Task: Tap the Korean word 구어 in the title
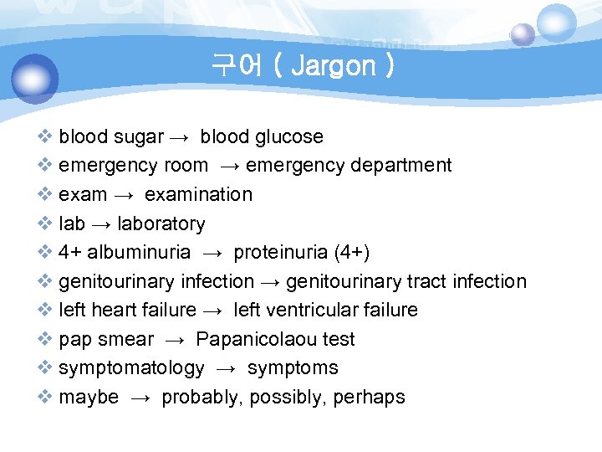click(238, 65)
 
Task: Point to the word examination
click(198, 194)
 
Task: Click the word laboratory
click(161, 223)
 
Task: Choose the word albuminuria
click(139, 253)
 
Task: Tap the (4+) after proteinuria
click(351, 253)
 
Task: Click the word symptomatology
click(131, 368)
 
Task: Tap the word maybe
click(89, 397)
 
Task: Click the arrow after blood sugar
click(181, 137)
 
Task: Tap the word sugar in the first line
click(139, 136)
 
